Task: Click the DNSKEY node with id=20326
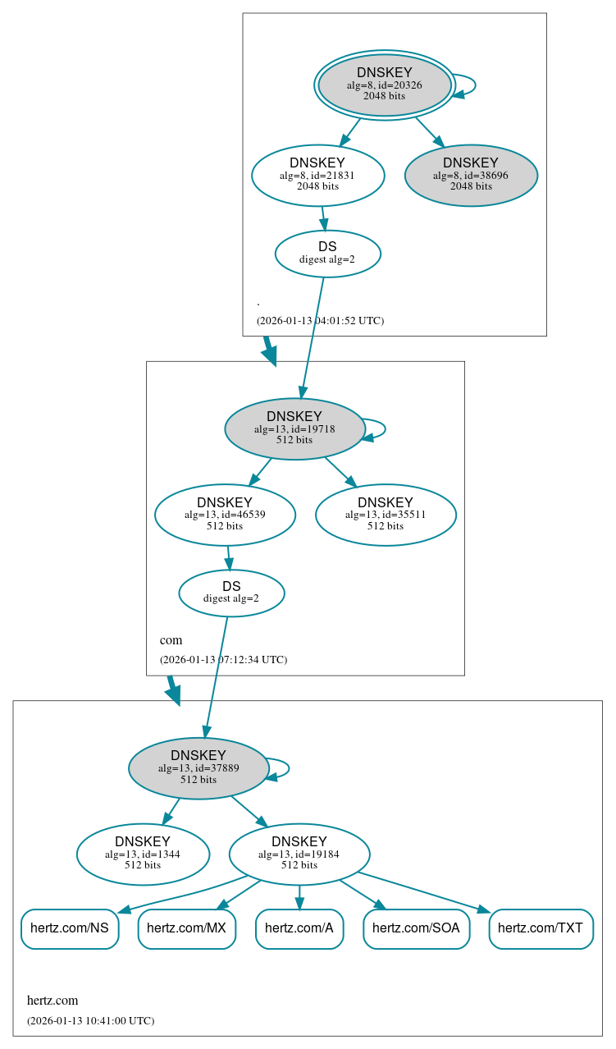click(x=385, y=85)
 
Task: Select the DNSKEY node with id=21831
click(x=317, y=175)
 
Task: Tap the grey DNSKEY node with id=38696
click(x=471, y=175)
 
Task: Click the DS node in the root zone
click(x=327, y=253)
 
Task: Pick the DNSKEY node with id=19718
click(x=294, y=428)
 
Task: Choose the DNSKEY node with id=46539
click(x=225, y=515)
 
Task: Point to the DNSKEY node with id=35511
click(x=386, y=515)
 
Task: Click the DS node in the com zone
click(x=231, y=593)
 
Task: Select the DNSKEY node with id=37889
click(x=198, y=767)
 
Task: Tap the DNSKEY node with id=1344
click(x=143, y=854)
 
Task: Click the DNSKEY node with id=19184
click(x=299, y=854)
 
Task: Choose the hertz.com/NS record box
click(x=70, y=928)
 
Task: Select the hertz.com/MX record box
click(x=187, y=928)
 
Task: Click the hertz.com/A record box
click(x=299, y=928)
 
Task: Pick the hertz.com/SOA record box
click(x=417, y=928)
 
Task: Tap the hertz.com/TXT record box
click(x=541, y=928)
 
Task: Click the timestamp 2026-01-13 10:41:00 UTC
click(x=90, y=1021)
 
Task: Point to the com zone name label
click(x=171, y=640)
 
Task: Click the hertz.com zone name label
click(x=52, y=1001)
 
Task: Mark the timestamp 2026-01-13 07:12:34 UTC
click(x=223, y=659)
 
